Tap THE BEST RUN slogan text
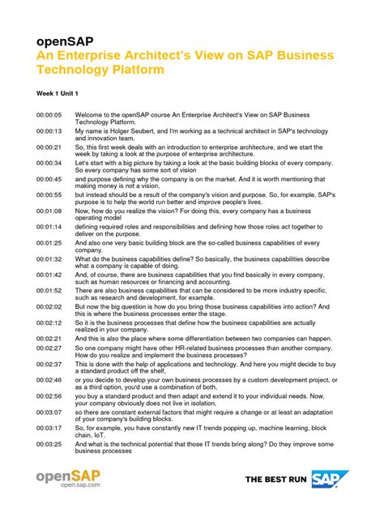276,480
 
